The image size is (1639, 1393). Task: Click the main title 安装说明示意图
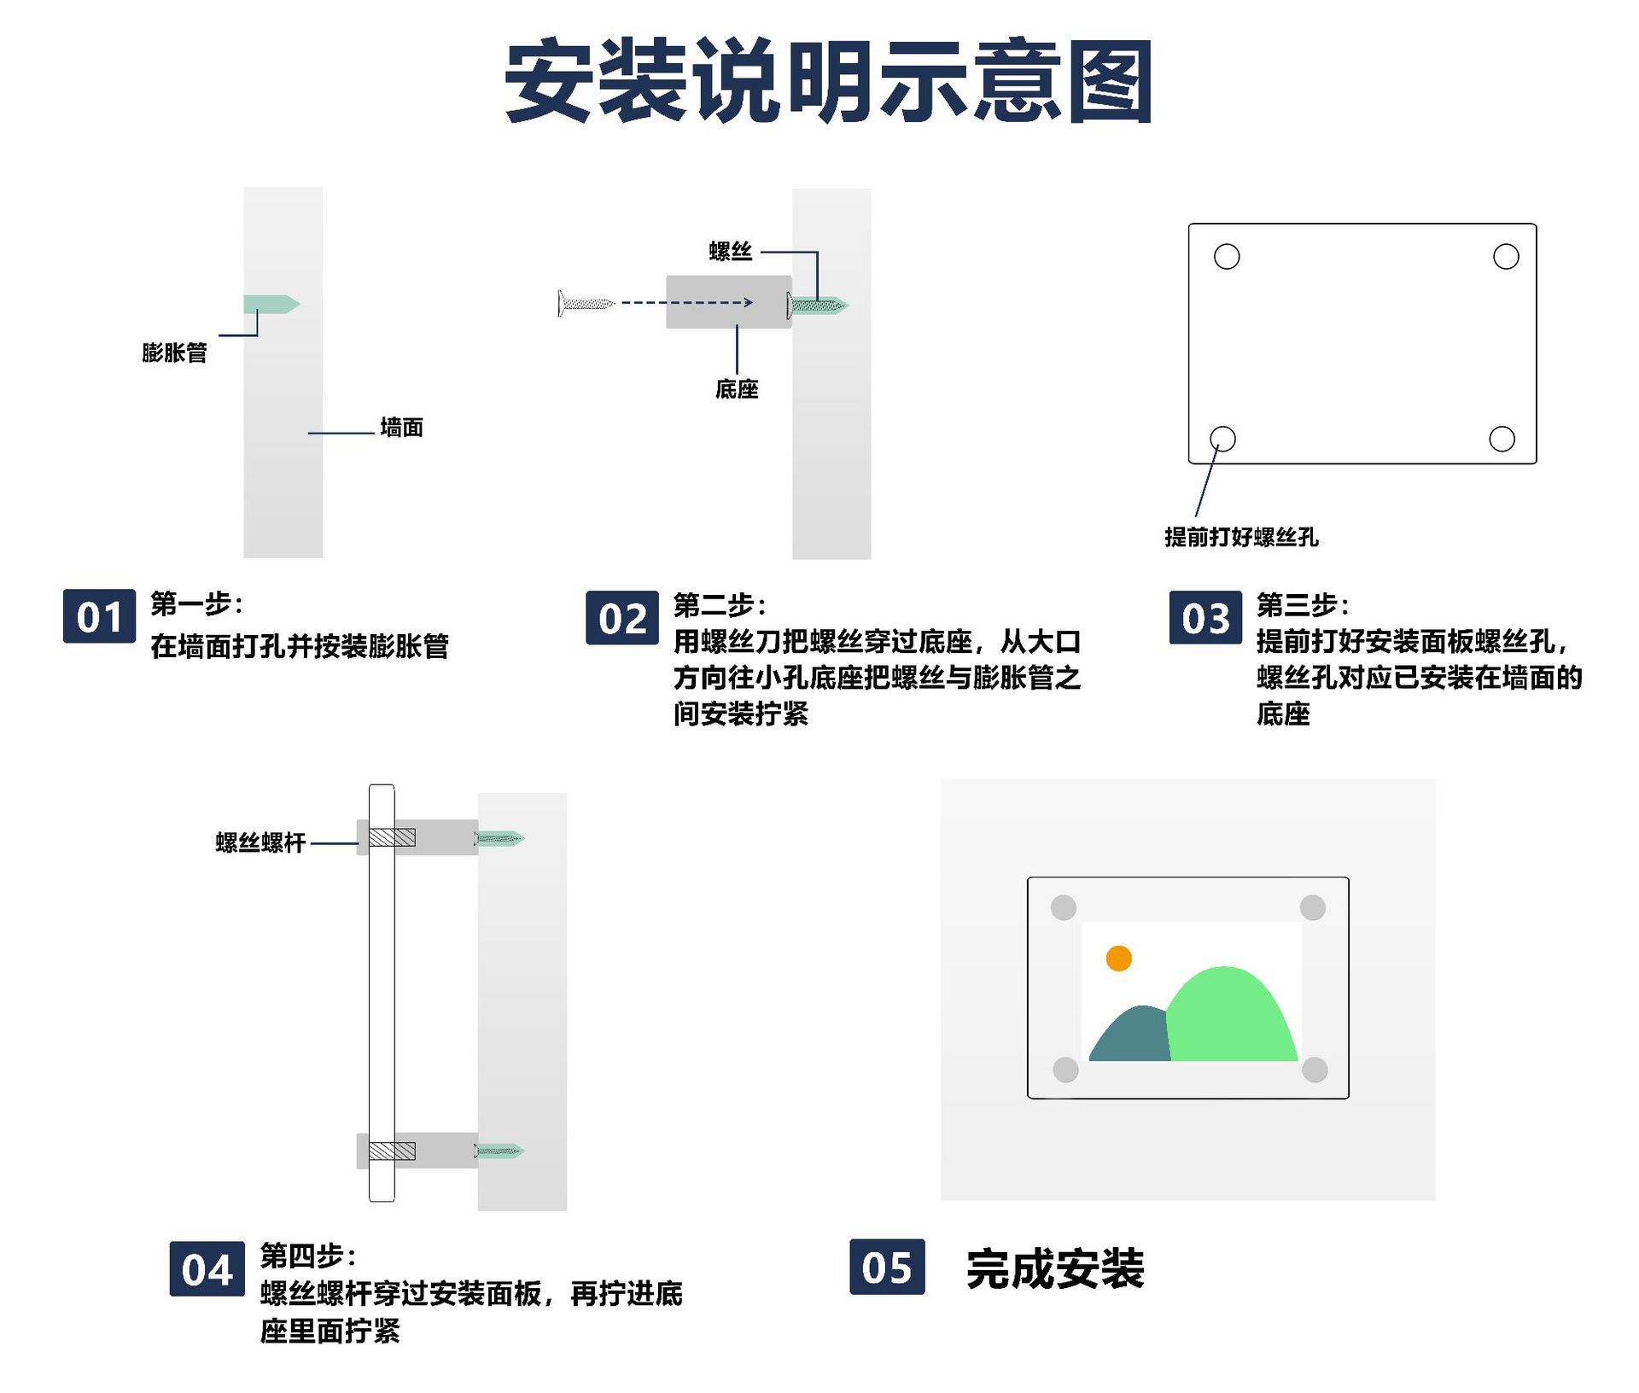828,81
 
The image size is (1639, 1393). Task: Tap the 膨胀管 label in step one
174,353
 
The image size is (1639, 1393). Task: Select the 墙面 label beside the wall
401,428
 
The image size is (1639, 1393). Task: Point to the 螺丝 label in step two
731,252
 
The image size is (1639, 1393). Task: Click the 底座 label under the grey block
737,389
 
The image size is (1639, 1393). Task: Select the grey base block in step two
728,301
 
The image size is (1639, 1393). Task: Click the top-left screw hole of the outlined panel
1227,256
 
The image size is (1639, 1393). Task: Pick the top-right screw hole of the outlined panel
1506,256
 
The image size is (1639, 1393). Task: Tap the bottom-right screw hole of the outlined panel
1502,439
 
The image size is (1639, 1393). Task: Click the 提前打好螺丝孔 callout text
1241,537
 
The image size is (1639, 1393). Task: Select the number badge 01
99,616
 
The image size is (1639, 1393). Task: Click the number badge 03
1205,617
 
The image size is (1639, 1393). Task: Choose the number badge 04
207,1269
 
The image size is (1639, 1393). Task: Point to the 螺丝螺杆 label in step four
260,843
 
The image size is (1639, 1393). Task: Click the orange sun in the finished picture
1118,958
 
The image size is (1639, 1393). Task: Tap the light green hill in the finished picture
1229,1020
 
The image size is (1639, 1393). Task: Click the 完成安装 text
1055,1268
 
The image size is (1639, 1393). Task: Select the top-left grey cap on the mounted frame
1064,907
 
